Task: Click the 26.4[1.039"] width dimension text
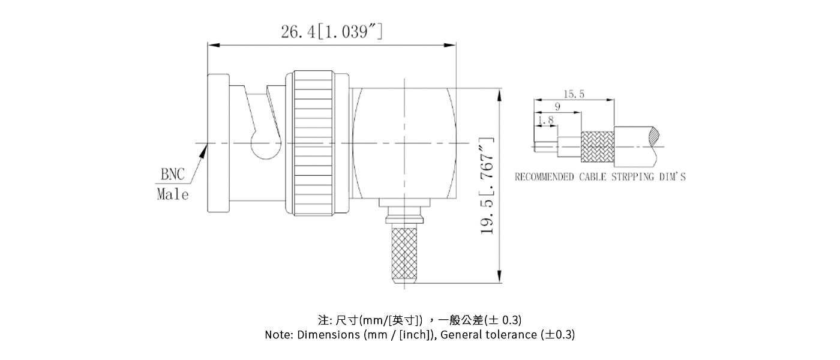[x=332, y=31]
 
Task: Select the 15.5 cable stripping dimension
[x=574, y=94]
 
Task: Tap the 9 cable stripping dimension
[x=557, y=107]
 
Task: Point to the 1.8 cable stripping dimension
[x=545, y=121]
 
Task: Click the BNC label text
[x=174, y=175]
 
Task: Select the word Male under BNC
[x=172, y=194]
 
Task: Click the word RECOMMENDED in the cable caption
[x=544, y=177]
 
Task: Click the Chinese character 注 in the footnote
[x=322, y=319]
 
